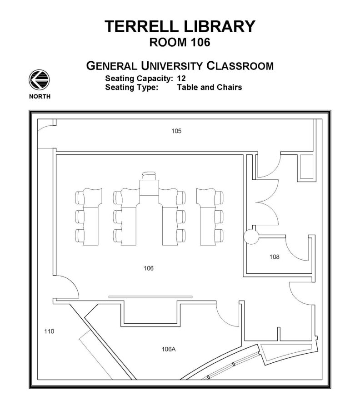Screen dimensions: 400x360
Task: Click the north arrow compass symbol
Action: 40,80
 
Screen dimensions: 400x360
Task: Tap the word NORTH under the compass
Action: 40,96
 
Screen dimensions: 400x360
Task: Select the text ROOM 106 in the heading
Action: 180,43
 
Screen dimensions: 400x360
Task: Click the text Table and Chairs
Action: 210,87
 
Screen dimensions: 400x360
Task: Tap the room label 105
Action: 176,131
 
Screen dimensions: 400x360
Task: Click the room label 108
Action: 274,257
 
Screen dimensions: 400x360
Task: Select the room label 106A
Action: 168,349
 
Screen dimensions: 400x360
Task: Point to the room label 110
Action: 49,331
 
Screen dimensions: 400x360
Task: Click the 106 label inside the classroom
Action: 149,268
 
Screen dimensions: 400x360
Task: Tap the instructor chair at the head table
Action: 149,174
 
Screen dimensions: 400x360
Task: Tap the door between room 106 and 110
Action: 67,288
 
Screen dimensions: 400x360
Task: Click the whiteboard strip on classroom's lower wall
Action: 150,297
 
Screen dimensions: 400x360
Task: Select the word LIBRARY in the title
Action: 218,26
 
